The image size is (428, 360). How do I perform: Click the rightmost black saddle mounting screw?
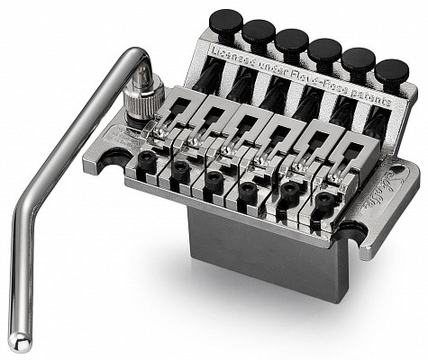click(x=325, y=202)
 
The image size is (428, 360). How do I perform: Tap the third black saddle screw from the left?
click(x=214, y=179)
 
